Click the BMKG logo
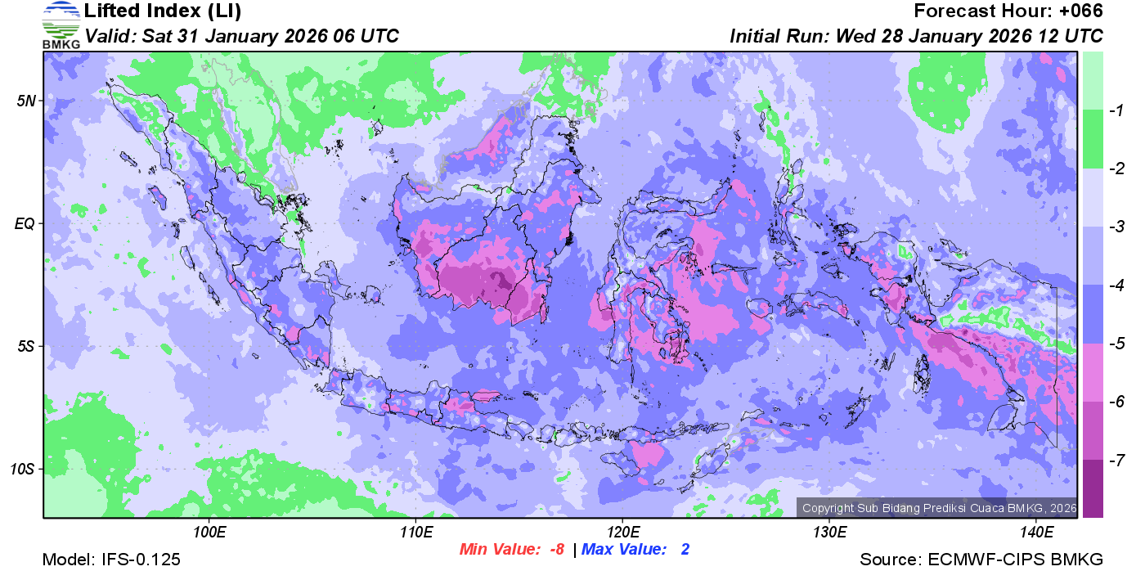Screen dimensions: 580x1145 pos(61,25)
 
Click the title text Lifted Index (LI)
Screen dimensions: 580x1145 pos(163,11)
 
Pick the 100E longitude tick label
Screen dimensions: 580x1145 pos(209,532)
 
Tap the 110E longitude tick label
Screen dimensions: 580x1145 pos(415,532)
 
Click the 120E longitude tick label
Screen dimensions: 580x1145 pos(622,532)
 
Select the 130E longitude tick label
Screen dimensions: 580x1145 pos(829,532)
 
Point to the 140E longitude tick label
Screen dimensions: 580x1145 pos(1036,532)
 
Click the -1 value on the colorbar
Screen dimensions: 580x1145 pos(1113,111)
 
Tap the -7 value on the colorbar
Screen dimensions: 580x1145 pos(1113,461)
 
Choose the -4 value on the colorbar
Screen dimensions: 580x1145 pos(1113,286)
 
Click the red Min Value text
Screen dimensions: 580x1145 pos(512,550)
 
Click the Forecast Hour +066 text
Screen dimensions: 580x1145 pos(1008,11)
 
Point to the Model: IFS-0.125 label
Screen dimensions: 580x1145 pos(111,560)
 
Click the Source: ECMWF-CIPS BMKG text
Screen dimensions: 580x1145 pos(981,560)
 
